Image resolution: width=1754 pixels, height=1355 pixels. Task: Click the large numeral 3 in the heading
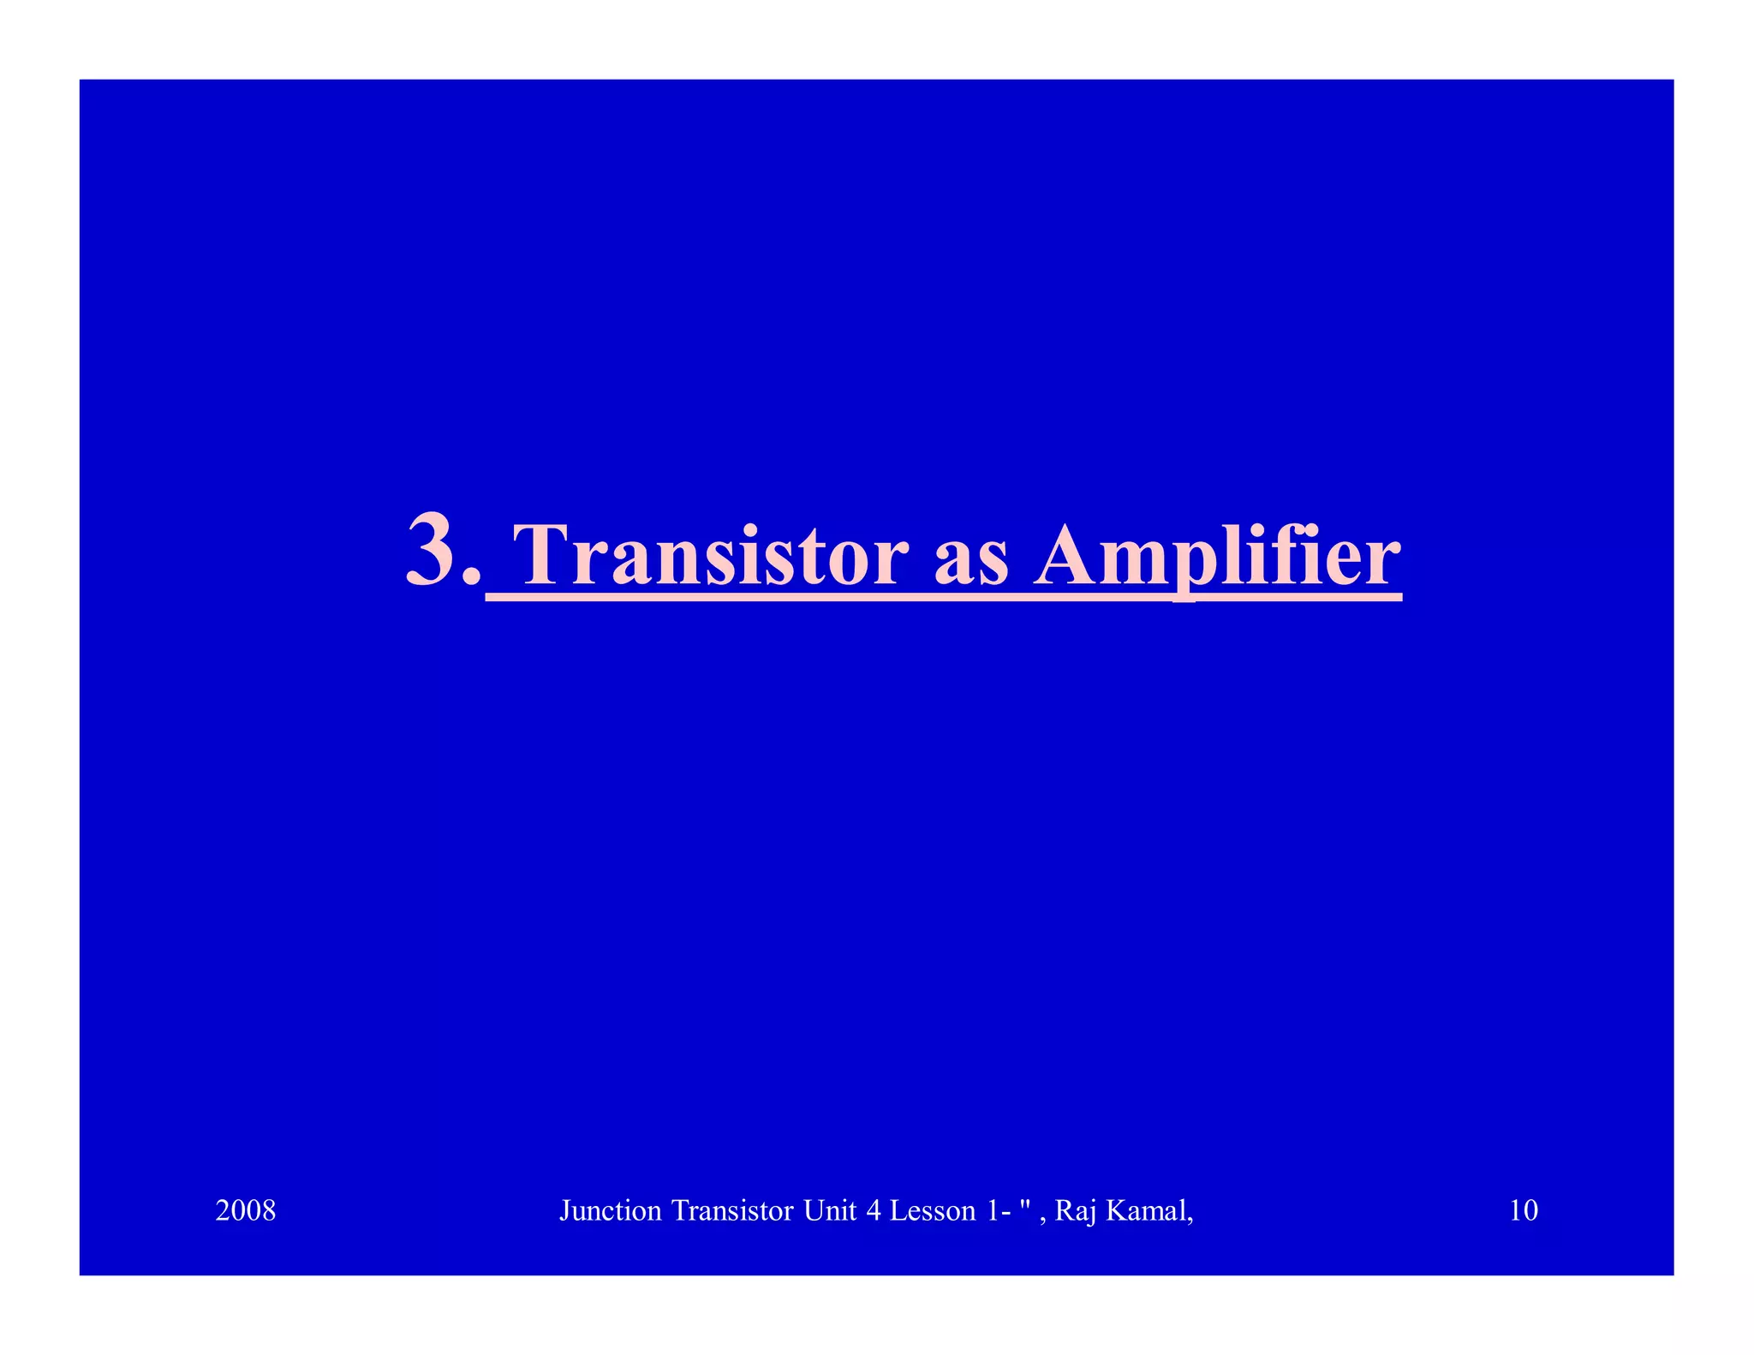click(x=433, y=550)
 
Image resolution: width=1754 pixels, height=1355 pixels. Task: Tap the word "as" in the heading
click(x=970, y=561)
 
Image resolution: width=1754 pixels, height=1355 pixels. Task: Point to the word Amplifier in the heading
click(x=1216, y=557)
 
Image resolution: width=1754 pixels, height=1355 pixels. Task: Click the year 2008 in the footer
click(x=246, y=1210)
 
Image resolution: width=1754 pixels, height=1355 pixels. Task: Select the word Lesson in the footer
click(x=933, y=1210)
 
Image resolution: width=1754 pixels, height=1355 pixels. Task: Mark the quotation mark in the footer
click(x=1023, y=1203)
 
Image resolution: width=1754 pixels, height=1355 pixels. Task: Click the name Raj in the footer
click(x=1075, y=1211)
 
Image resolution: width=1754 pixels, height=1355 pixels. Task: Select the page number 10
click(x=1523, y=1210)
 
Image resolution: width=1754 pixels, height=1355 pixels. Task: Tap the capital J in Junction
click(x=564, y=1211)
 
